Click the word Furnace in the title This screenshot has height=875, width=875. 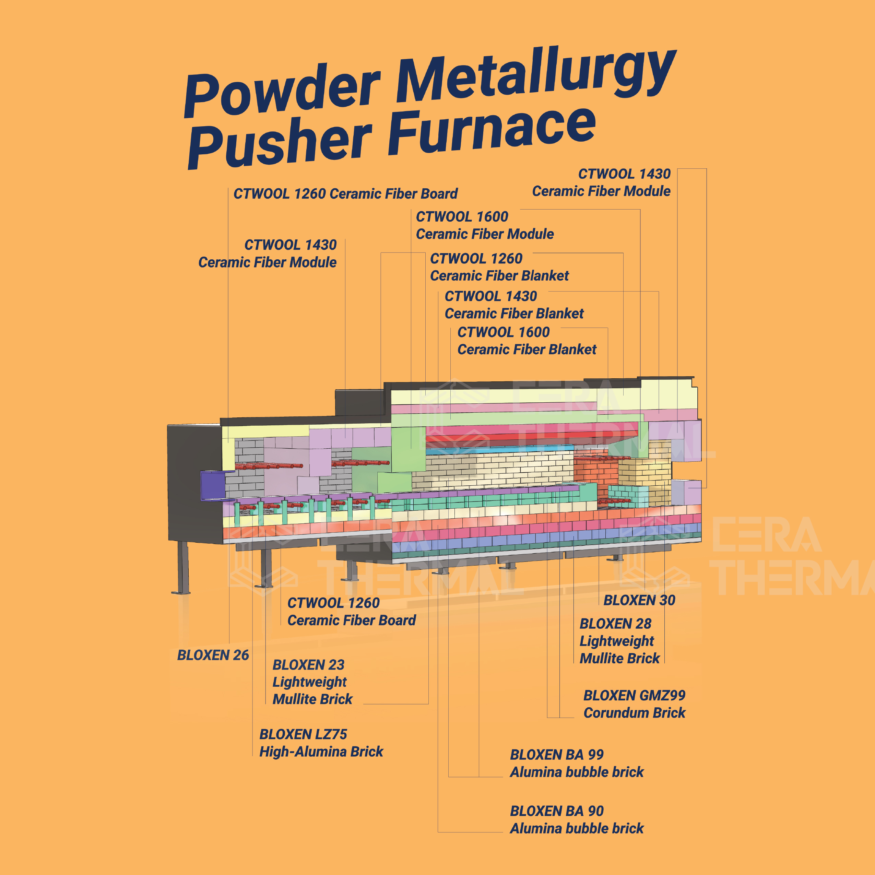click(x=492, y=131)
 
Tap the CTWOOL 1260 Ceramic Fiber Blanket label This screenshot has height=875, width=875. click(x=499, y=267)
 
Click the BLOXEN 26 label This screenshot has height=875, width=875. click(x=213, y=655)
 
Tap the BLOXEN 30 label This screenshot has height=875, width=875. click(x=639, y=600)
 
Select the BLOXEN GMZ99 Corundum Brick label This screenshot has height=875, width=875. click(x=634, y=704)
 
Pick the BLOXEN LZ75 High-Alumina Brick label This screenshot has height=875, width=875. click(x=321, y=743)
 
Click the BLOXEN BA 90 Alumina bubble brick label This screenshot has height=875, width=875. click(x=576, y=820)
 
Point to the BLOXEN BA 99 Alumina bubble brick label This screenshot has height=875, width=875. click(x=576, y=763)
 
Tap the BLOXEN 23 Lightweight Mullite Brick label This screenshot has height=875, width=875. click(x=312, y=682)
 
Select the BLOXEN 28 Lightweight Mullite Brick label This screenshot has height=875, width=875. click(x=619, y=641)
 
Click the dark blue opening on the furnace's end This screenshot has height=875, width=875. click(x=212, y=485)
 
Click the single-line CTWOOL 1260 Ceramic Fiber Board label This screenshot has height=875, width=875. click(x=345, y=194)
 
